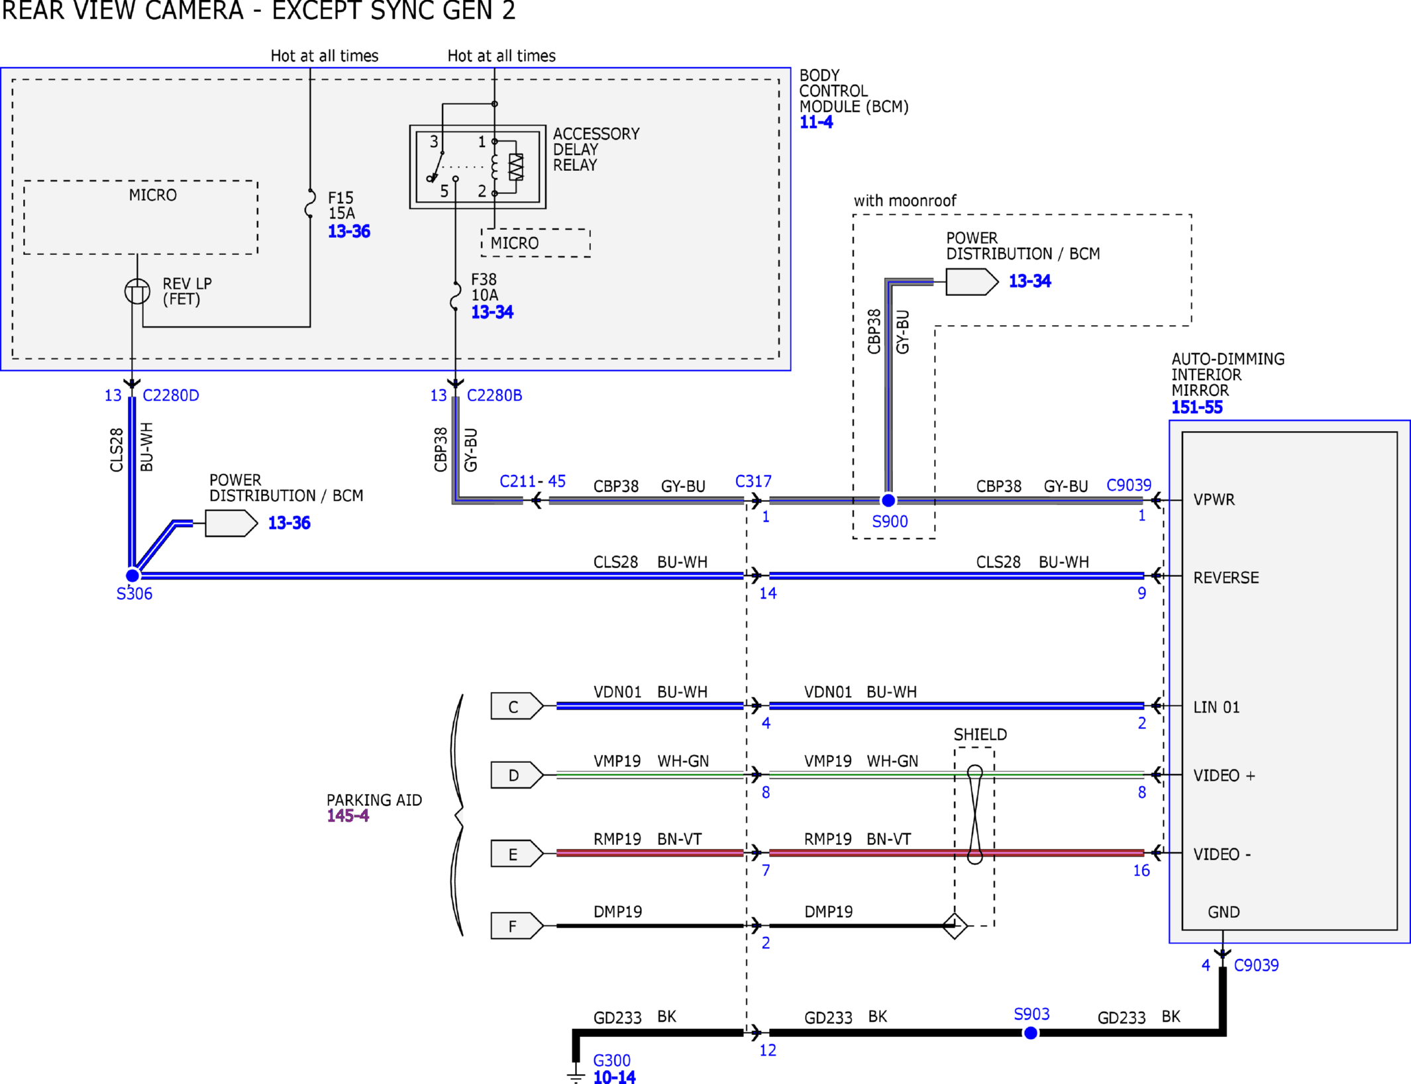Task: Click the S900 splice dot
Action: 888,500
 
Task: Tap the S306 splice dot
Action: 132,575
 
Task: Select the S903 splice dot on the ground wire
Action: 1031,1032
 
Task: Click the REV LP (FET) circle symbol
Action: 137,291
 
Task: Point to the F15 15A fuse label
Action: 342,205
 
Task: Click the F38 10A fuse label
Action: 484,287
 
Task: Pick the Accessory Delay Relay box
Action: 478,167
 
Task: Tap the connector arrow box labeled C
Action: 517,706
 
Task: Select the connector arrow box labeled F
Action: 517,925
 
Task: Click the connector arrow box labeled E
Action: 517,853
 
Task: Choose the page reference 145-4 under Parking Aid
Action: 348,816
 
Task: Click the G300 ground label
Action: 611,1060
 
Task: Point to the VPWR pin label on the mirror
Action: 1214,499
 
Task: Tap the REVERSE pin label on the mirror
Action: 1226,577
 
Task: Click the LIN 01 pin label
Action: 1216,707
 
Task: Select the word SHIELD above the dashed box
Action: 980,734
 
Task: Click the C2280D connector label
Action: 171,395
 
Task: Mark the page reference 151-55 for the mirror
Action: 1196,407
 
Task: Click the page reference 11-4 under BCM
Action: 815,122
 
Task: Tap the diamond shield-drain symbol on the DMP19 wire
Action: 955,925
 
